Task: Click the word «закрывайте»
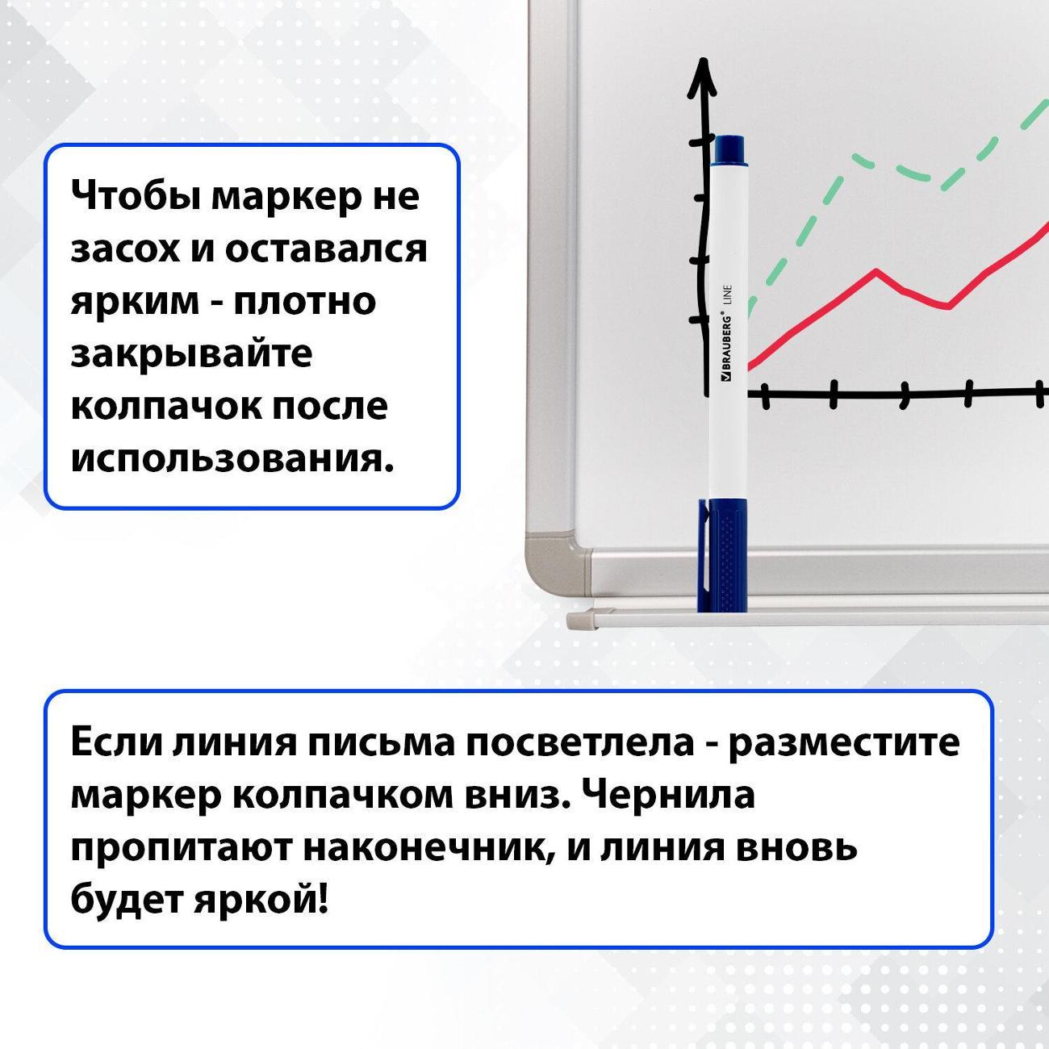(x=191, y=353)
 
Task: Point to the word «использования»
(x=232, y=458)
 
